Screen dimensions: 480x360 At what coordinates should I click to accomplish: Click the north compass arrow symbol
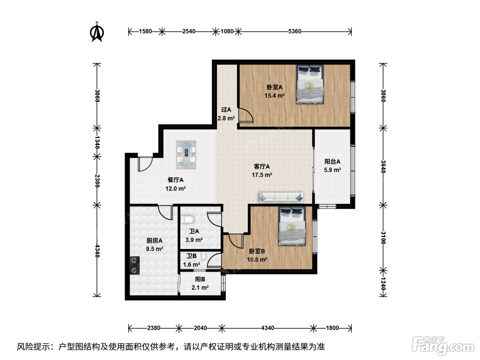pyautogui.click(x=97, y=32)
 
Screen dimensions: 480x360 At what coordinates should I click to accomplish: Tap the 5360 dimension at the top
pyautogui.click(x=295, y=32)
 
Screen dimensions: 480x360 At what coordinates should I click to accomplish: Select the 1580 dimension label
pyautogui.click(x=145, y=32)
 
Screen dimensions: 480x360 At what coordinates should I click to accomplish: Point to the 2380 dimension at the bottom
pyautogui.click(x=154, y=328)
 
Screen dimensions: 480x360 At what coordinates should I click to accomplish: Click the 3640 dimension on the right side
pyautogui.click(x=383, y=167)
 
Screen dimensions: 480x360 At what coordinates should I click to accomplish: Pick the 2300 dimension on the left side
pyautogui.click(x=97, y=181)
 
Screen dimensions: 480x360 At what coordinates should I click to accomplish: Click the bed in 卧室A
pyautogui.click(x=310, y=84)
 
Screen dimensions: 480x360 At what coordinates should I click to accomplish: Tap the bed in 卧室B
pyautogui.click(x=292, y=226)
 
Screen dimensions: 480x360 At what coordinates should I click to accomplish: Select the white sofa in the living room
pyautogui.click(x=281, y=197)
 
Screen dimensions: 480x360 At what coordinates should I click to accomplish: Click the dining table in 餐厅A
pyautogui.click(x=186, y=155)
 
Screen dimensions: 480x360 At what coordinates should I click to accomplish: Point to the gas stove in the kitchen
pyautogui.click(x=134, y=265)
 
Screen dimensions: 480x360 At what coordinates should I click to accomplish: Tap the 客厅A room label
pyautogui.click(x=262, y=167)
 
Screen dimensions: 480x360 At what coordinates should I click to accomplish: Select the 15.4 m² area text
pyautogui.click(x=275, y=96)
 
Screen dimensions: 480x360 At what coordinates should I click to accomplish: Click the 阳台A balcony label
pyautogui.click(x=332, y=161)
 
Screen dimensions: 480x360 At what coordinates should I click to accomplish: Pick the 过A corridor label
pyautogui.click(x=226, y=109)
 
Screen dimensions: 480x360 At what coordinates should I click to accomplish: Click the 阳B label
pyautogui.click(x=200, y=279)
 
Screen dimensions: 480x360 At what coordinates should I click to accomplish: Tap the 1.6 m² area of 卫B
pyautogui.click(x=192, y=264)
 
